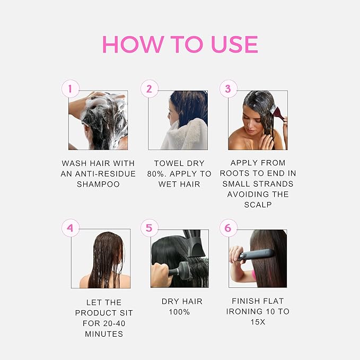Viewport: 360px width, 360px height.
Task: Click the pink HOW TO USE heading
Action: pos(180,45)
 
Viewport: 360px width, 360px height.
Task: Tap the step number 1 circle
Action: pos(71,89)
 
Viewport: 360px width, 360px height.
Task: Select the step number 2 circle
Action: pos(149,89)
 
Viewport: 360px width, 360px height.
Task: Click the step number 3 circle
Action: pos(228,89)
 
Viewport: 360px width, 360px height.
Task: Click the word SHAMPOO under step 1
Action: pos(99,184)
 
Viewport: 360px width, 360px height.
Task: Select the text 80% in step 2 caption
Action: pos(157,174)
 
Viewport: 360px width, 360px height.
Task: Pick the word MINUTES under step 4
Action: pos(104,334)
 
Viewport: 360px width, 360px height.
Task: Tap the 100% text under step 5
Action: pos(179,312)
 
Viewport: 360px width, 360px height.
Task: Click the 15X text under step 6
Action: pos(258,322)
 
